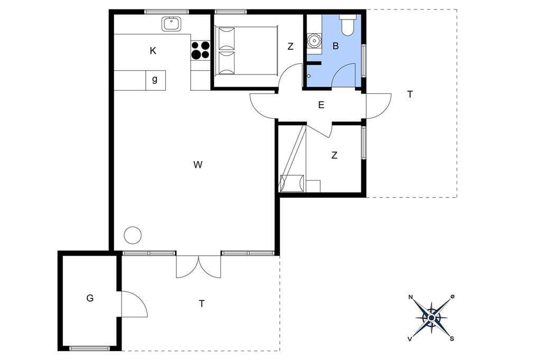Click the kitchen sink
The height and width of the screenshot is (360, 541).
coord(171,24)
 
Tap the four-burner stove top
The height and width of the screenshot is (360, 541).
coord(200,50)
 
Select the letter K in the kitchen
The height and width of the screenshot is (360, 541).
coord(153,51)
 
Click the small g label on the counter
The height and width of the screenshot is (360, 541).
coord(155,80)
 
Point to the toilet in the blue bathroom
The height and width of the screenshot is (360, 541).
coord(347,25)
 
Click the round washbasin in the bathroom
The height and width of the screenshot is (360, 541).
coord(314,41)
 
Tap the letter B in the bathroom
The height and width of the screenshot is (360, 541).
coord(335,46)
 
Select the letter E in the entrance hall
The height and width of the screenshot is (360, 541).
coord(321,105)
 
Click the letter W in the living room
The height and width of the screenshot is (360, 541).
coord(198,165)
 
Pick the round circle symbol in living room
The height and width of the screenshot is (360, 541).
coord(133,235)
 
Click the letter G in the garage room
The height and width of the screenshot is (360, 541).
coord(90,298)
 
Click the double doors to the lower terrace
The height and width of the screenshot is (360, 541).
coord(199,266)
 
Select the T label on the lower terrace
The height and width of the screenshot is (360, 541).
coord(202,304)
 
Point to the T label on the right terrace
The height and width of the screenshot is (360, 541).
coord(410,94)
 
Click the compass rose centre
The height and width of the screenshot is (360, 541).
coord(431,318)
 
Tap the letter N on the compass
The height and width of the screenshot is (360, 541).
coord(411,297)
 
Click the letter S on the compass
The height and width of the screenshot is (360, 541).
coord(452,338)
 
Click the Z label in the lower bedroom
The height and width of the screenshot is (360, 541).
coord(334,156)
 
